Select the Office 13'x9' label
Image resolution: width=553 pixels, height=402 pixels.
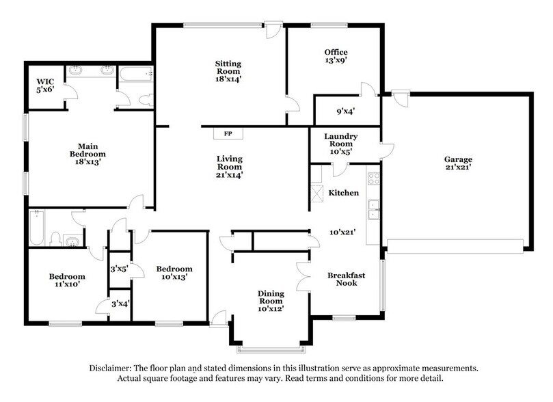[x=336, y=56]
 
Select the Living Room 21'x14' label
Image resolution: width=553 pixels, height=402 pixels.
[x=230, y=167]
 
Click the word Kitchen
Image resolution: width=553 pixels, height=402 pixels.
[x=343, y=193]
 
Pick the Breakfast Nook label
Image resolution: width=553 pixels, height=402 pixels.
[x=346, y=280]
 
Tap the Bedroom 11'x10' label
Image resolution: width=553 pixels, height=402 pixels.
[x=66, y=281]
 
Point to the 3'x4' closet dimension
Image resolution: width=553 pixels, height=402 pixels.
[x=120, y=304]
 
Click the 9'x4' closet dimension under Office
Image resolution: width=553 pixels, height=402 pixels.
[x=345, y=111]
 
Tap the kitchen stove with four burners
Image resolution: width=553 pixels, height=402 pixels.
[x=374, y=179]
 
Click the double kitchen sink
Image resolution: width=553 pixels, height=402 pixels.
[x=374, y=210]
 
